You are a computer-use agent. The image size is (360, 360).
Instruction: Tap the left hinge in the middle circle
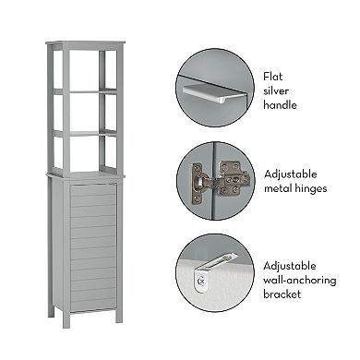198,184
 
